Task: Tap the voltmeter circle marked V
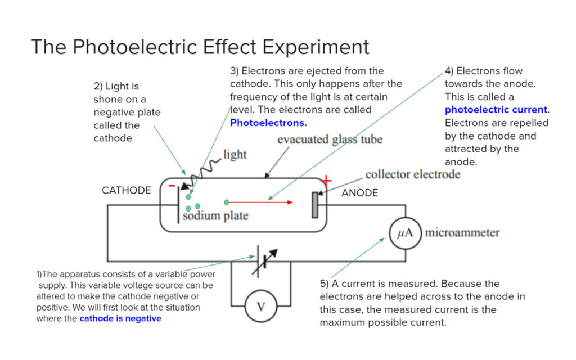[260, 306]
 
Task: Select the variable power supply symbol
[260, 261]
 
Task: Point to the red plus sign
[326, 181]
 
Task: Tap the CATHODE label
[126, 191]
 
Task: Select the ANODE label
[360, 193]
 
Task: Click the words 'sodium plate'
[215, 215]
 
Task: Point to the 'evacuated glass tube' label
[330, 139]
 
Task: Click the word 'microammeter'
[462, 233]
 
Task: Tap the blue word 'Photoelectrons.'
[268, 122]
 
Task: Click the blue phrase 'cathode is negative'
[120, 318]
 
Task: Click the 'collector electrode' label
[413, 174]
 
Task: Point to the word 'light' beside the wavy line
[235, 154]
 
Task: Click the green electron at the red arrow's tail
[226, 202]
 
